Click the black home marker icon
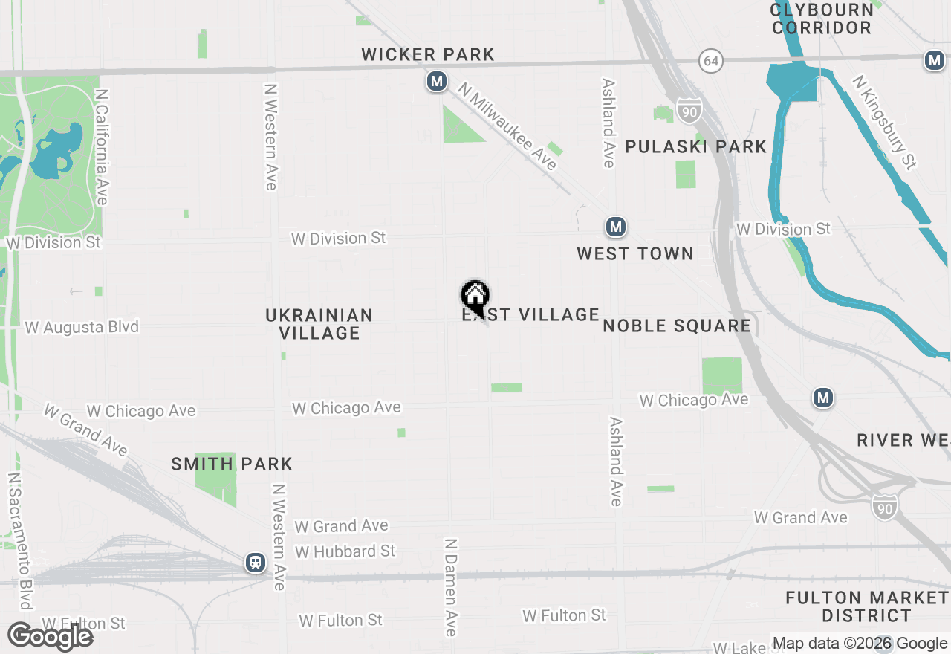[x=475, y=296]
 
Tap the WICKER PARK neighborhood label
[x=428, y=54]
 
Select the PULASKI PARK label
[x=695, y=146]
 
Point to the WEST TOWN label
[x=635, y=253]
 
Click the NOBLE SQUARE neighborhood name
[x=677, y=326]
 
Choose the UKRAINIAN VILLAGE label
[x=319, y=324]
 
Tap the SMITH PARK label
[x=232, y=464]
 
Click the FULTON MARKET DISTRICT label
[x=866, y=606]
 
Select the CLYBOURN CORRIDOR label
[x=822, y=19]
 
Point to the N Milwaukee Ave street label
[x=507, y=126]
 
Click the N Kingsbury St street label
[x=885, y=122]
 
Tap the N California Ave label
[x=102, y=147]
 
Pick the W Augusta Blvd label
[x=82, y=327]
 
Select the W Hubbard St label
[x=345, y=551]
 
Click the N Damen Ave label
[x=451, y=587]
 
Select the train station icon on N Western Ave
[x=256, y=563]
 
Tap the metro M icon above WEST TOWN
[x=615, y=227]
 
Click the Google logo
[x=51, y=636]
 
